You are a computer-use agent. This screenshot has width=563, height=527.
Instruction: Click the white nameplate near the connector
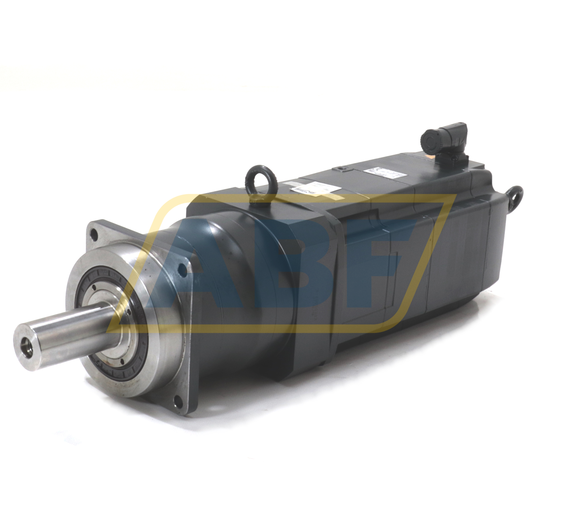pos(382,173)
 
